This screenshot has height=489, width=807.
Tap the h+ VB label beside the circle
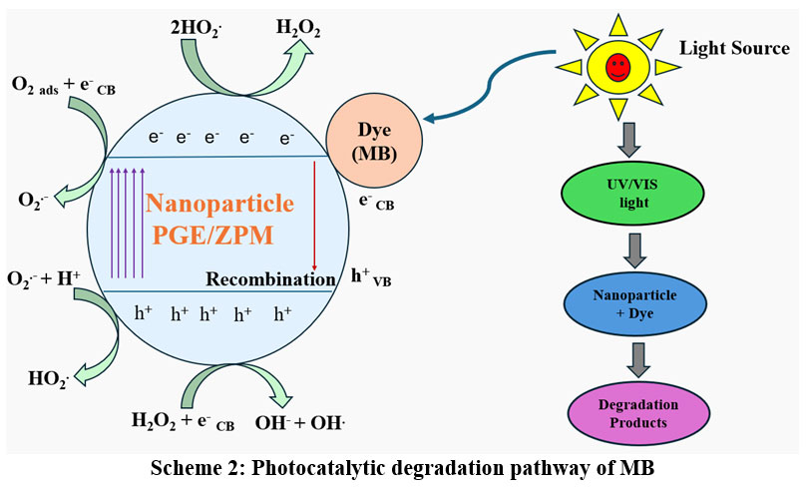click(x=376, y=275)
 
